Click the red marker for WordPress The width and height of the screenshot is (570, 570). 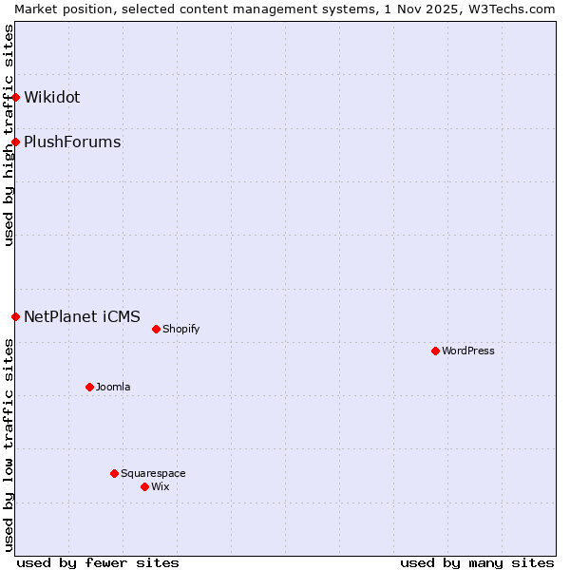435,351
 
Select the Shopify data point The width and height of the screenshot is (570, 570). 156,329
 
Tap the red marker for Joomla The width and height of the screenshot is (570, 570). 89,387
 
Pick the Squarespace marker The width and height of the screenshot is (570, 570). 114,473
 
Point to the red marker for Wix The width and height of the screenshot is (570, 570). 144,486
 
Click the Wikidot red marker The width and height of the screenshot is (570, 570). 15,97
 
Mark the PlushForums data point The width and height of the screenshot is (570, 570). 15,142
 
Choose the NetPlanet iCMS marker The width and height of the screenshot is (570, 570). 15,316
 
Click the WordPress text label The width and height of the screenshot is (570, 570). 468,351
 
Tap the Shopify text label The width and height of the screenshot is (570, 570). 181,329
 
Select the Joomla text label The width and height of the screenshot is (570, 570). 113,387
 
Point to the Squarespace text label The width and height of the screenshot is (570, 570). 153,473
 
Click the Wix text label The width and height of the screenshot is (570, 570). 161,486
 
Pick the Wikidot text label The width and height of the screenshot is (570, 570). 52,97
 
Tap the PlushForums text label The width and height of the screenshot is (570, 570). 72,142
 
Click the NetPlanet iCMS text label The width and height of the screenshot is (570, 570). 82,316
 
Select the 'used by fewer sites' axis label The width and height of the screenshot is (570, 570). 98,562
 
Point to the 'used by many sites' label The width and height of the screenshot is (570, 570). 477,562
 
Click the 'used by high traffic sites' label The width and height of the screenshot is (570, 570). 9,135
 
